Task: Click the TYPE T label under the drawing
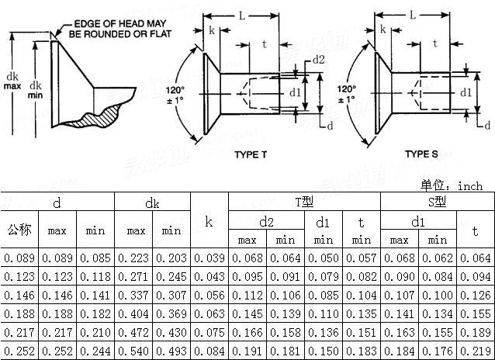[x=251, y=154]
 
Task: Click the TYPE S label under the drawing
[x=421, y=154]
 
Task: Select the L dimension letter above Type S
[x=413, y=15]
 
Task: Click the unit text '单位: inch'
[x=452, y=186]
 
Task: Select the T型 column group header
[x=303, y=202]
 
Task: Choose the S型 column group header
[x=437, y=202]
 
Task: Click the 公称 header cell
[x=19, y=230]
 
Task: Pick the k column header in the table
[x=209, y=221]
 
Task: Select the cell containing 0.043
[x=209, y=276]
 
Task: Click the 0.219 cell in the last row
[x=476, y=351]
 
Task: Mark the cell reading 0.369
[x=171, y=313]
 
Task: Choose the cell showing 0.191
[x=247, y=351]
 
